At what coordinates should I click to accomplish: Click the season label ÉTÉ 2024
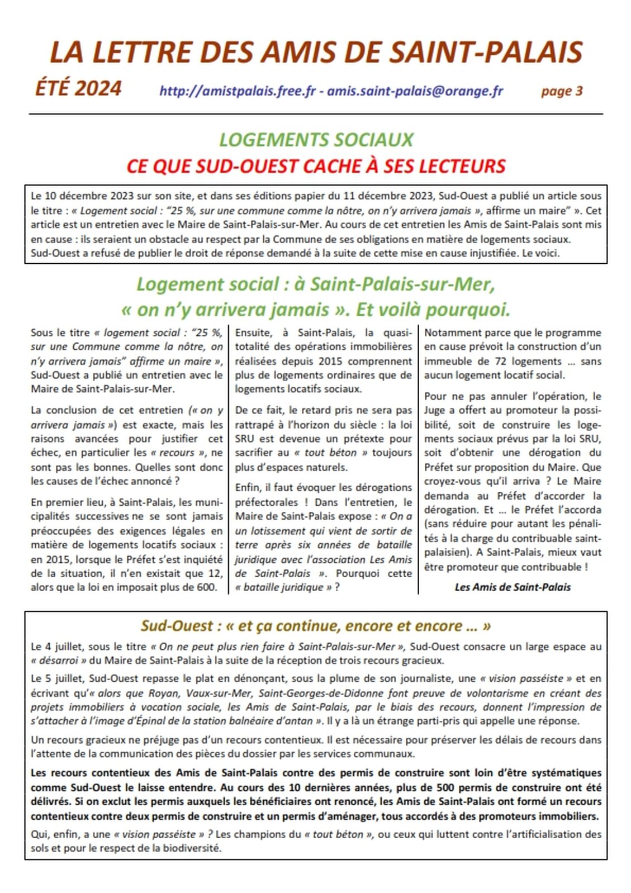point(78,89)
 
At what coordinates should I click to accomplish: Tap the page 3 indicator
point(561,91)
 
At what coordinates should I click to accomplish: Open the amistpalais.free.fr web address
point(238,91)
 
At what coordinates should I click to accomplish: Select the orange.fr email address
point(415,91)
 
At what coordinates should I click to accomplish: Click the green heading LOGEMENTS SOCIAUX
point(316,140)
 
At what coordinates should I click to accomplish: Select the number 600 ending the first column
point(206,587)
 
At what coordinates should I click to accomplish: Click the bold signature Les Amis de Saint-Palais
point(513,587)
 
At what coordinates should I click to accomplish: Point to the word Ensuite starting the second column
point(253,333)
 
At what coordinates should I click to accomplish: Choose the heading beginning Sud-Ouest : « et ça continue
point(316,626)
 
